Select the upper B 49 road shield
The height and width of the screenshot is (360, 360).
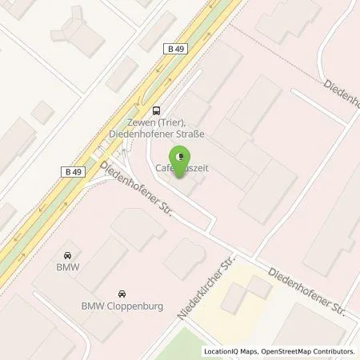click(x=178, y=50)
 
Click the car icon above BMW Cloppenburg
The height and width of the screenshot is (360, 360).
click(x=121, y=292)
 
